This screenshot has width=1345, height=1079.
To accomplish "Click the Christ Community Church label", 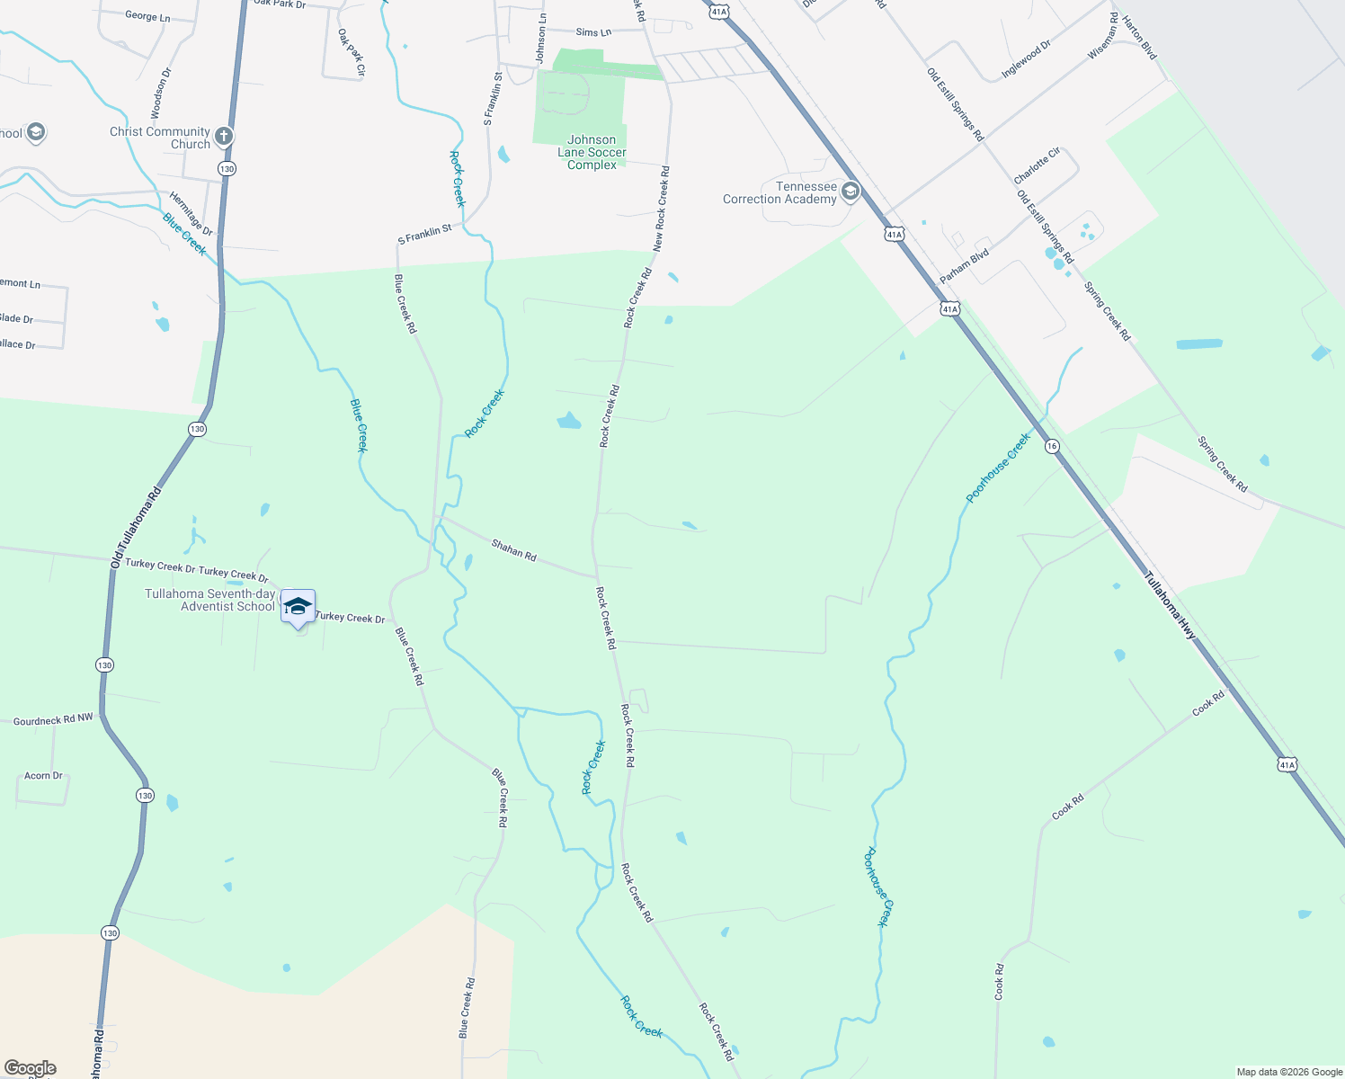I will click(x=160, y=138).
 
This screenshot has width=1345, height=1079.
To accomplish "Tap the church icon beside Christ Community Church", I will click(x=224, y=137).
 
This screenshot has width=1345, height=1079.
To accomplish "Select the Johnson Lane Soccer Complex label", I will click(x=592, y=152).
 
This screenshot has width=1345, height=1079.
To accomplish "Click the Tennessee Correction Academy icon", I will click(x=850, y=192).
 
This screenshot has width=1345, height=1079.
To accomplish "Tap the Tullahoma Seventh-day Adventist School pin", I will click(x=298, y=607).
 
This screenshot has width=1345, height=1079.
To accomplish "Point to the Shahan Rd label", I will click(x=514, y=550).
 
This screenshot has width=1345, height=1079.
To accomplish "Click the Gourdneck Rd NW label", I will click(x=53, y=719).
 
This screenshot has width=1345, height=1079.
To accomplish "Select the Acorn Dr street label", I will click(x=43, y=775).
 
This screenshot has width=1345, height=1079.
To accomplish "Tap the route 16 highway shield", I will click(x=1052, y=446).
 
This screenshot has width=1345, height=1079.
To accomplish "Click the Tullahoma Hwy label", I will click(x=1171, y=606).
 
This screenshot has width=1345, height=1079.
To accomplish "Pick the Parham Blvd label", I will click(x=964, y=267).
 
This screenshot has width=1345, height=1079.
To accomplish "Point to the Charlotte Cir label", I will click(x=1037, y=165).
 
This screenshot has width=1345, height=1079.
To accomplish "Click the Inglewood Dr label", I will click(x=1026, y=60).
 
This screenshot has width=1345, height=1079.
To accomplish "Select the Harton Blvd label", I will click(x=1139, y=37).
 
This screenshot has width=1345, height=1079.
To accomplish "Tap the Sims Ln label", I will click(x=593, y=32).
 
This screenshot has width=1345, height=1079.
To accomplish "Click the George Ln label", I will click(x=147, y=16).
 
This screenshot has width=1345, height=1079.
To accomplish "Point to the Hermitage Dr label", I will click(x=191, y=213).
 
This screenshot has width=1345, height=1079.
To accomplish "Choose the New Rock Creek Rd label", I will click(x=661, y=209).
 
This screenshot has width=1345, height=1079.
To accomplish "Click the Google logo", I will click(x=30, y=1068).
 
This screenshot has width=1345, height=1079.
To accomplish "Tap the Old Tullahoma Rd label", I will click(x=136, y=528).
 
